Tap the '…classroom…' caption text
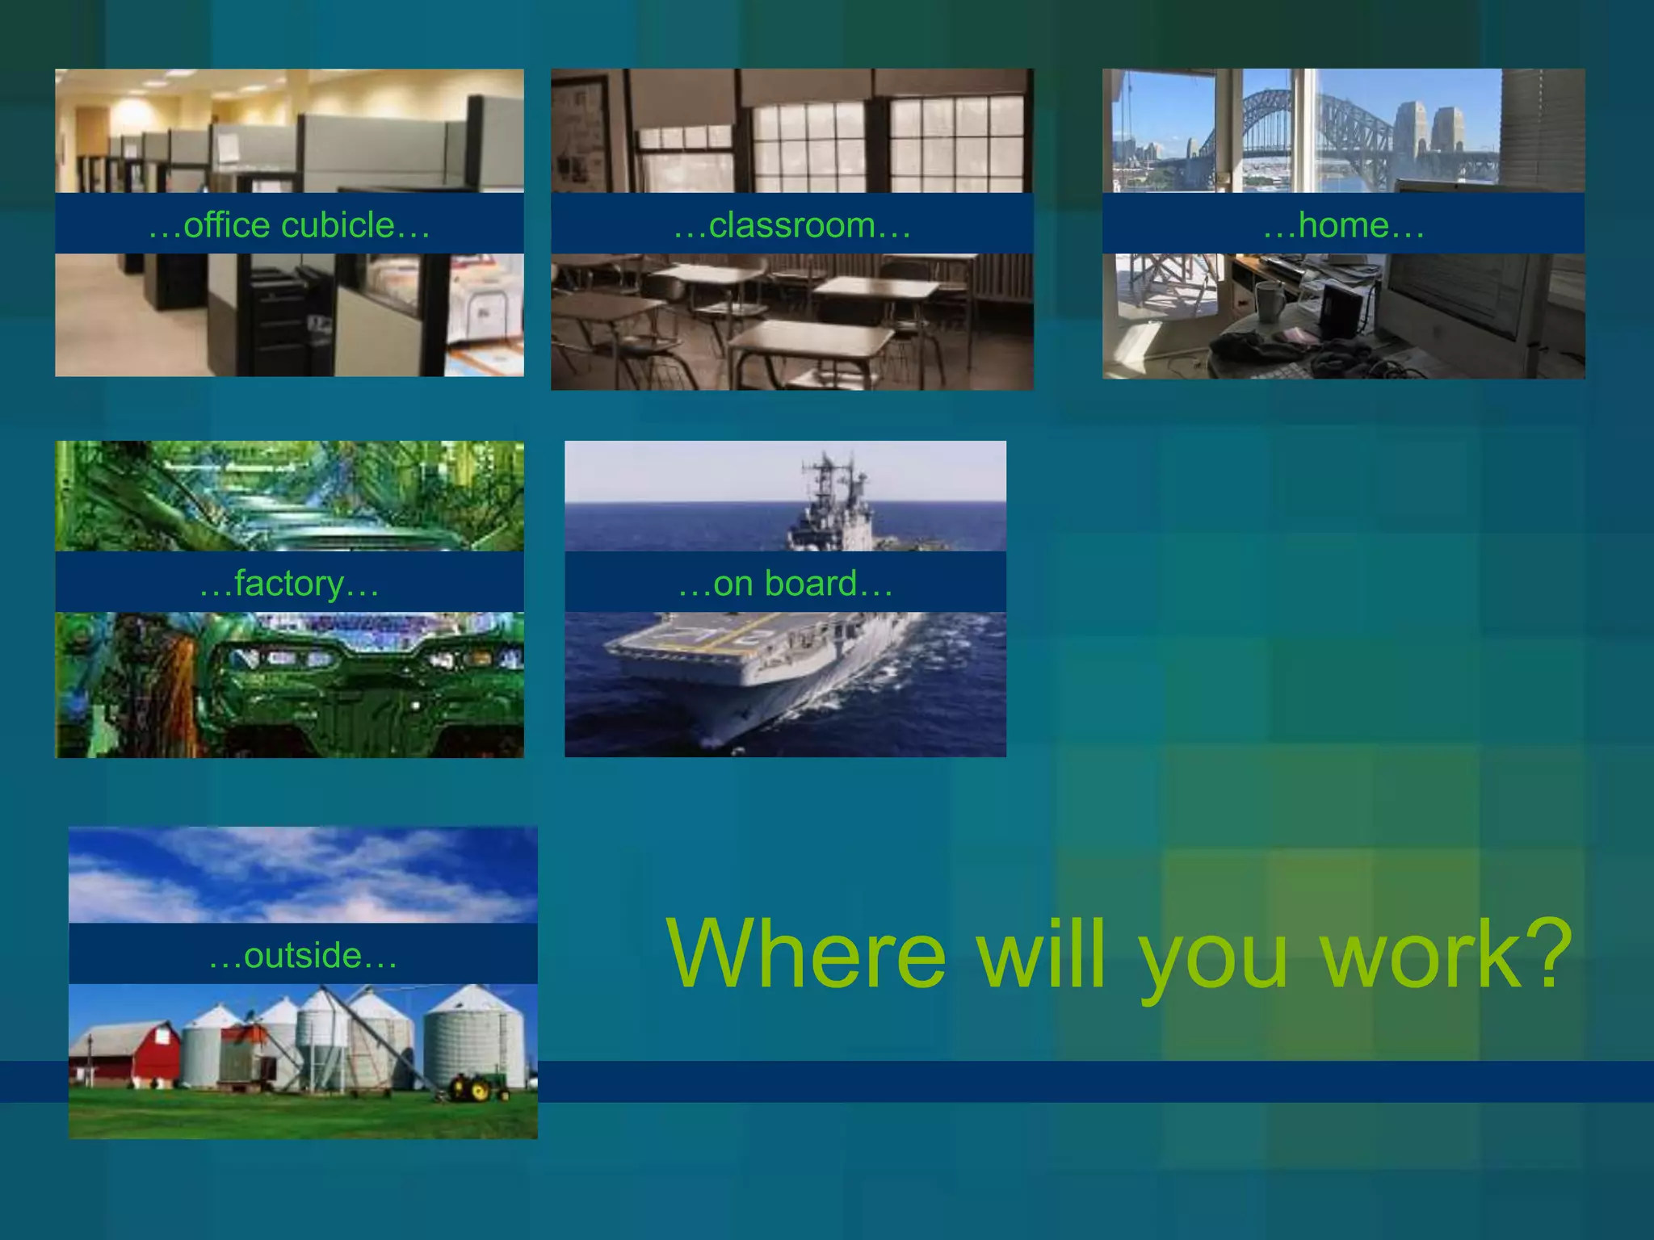tap(792, 225)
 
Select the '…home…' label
tap(1343, 225)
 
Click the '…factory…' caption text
tap(289, 583)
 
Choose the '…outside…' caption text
tap(303, 955)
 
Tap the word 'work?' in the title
tap(1446, 954)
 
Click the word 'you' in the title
tap(1213, 961)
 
